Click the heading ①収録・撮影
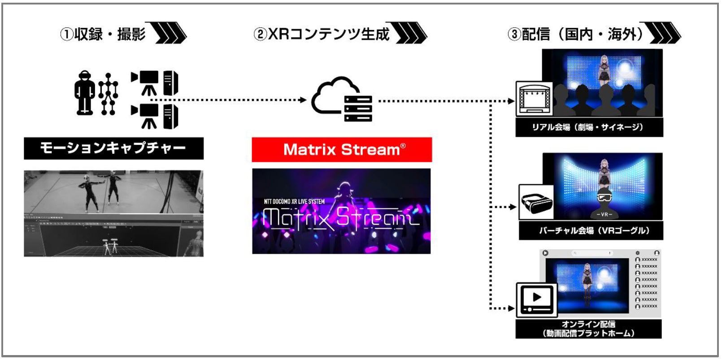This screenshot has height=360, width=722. (103, 34)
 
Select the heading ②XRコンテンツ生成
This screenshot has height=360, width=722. (322, 34)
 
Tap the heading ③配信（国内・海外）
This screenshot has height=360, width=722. (575, 34)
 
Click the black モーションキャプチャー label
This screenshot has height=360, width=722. (113, 148)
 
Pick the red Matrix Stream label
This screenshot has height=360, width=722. (342, 150)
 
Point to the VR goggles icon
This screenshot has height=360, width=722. (536, 202)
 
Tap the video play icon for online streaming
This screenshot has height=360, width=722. (537, 299)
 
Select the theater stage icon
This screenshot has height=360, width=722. (534, 99)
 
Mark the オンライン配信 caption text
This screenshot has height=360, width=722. (588, 324)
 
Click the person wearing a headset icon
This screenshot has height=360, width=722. (84, 92)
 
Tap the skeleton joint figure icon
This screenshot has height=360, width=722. (108, 94)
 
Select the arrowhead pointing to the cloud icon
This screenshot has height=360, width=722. (303, 100)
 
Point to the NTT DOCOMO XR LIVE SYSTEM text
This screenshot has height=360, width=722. (294, 202)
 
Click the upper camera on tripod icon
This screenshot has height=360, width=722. (146, 82)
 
